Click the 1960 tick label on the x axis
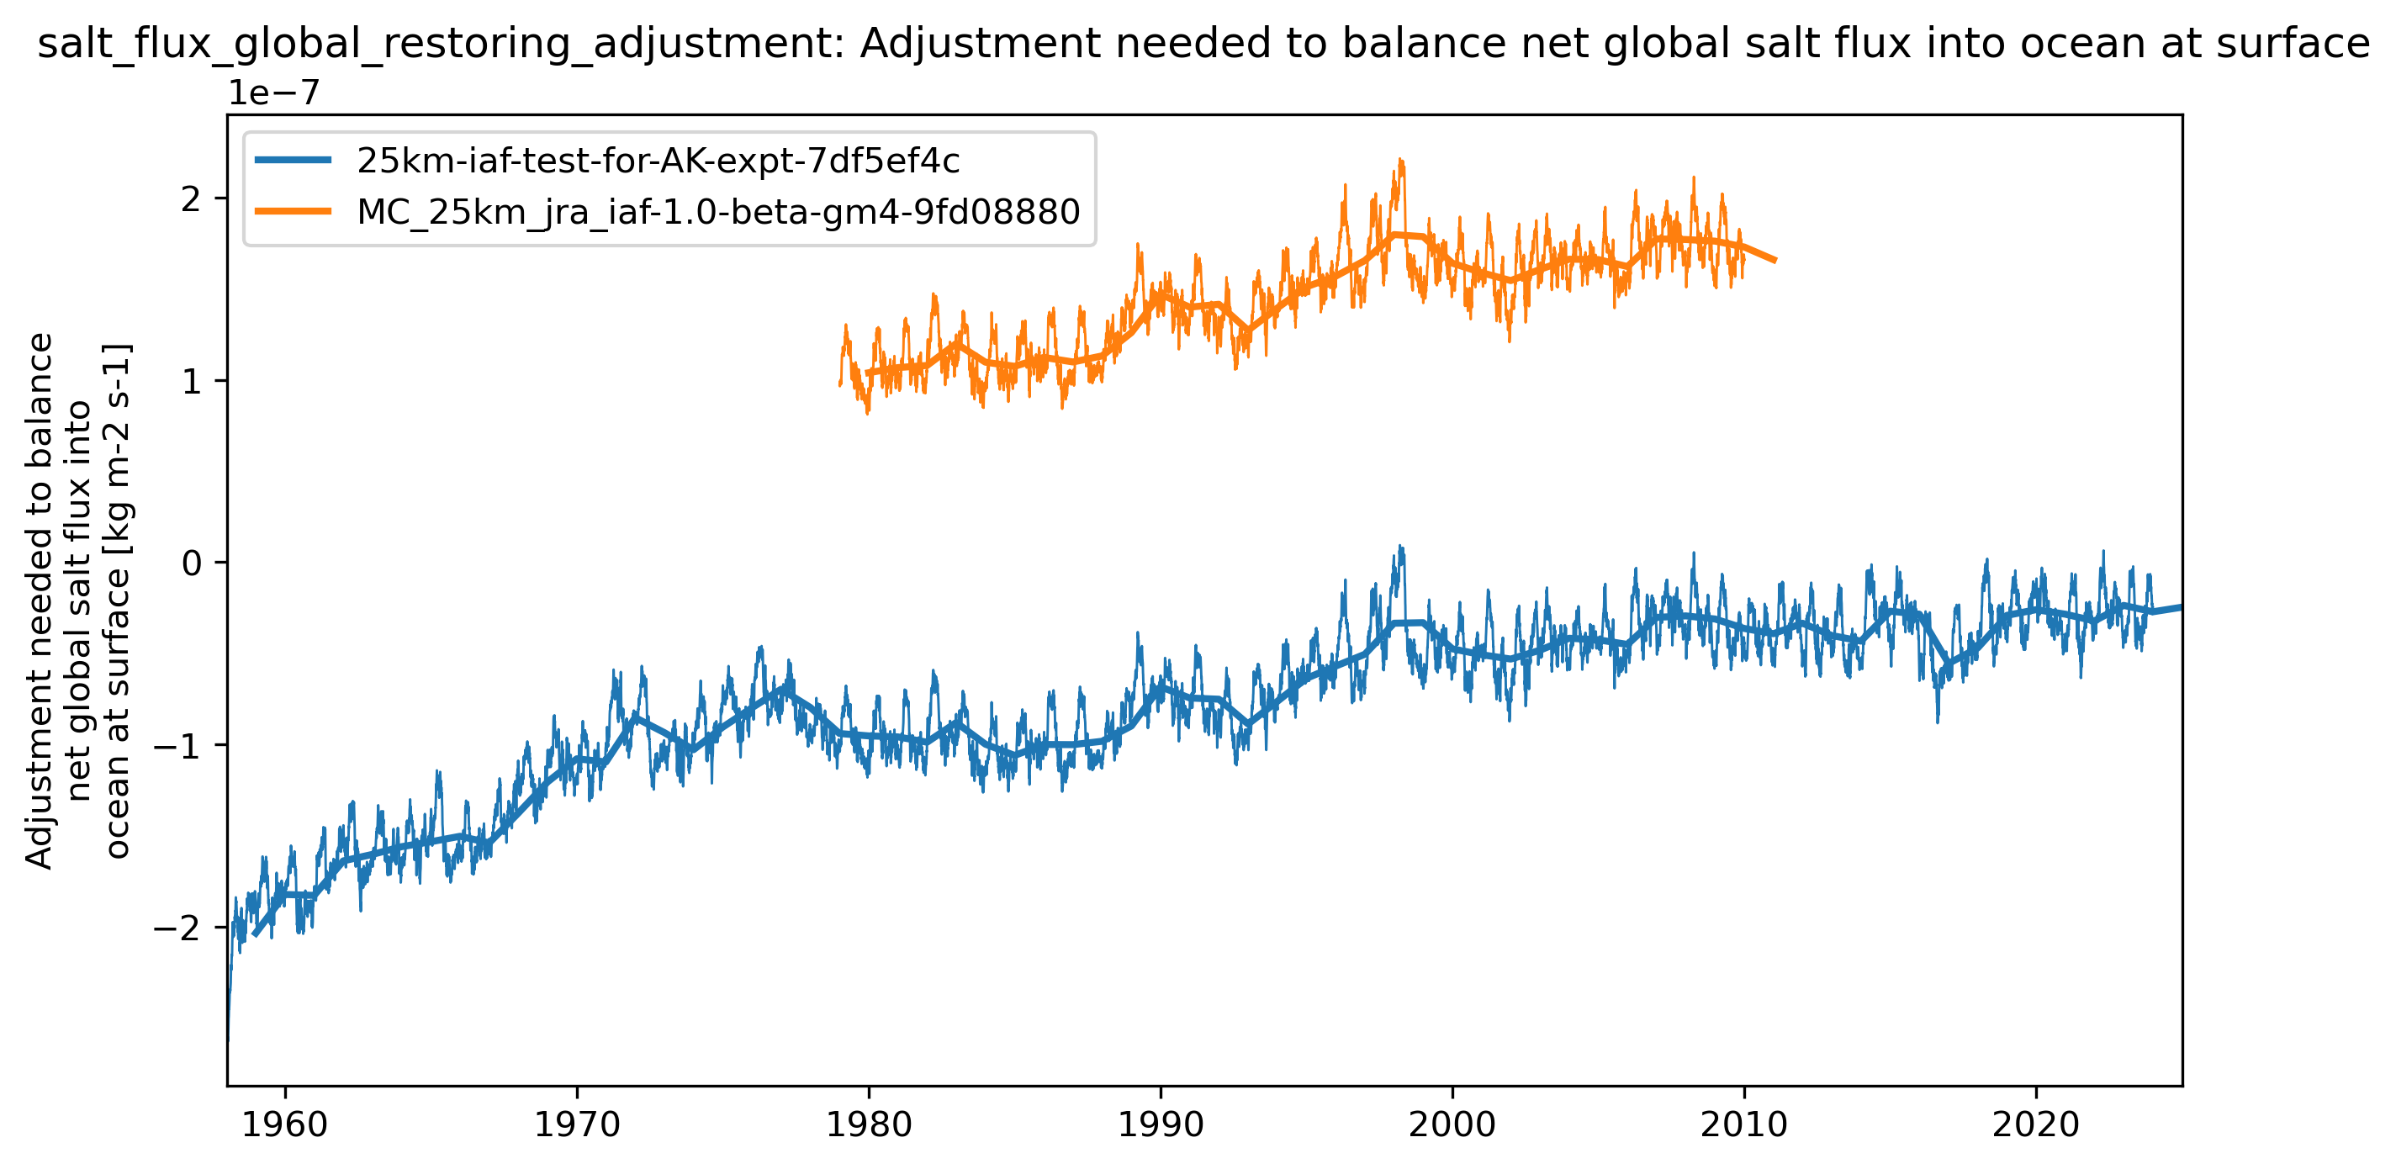click(x=284, y=1125)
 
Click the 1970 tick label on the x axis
click(x=577, y=1125)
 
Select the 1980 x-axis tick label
click(x=869, y=1125)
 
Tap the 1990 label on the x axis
click(x=1160, y=1125)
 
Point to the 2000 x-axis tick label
click(x=1452, y=1125)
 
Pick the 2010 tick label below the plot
click(x=1744, y=1125)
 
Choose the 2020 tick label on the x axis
click(x=2035, y=1125)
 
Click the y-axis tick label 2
click(x=191, y=199)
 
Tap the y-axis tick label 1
click(x=191, y=381)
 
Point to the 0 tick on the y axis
click(x=191, y=563)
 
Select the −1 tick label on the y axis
click(x=177, y=746)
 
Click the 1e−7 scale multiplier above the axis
click(x=274, y=93)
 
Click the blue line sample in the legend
click(x=293, y=161)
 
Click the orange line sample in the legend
click(x=293, y=212)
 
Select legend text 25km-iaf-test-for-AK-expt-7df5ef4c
click(x=658, y=161)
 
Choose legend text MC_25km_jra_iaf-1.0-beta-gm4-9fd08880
click(x=718, y=212)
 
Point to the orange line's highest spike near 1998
click(x=1399, y=161)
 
